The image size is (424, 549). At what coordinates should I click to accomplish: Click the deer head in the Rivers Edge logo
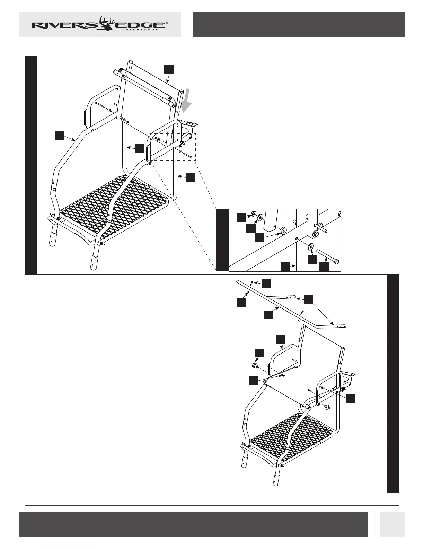[107, 24]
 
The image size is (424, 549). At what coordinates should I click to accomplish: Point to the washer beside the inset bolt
[310, 246]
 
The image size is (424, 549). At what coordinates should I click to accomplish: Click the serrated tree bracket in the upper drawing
[189, 123]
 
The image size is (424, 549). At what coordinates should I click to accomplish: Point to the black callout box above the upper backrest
[169, 69]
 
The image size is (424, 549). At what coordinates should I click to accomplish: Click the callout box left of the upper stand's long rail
[60, 135]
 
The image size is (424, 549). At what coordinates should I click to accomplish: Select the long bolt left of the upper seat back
[103, 106]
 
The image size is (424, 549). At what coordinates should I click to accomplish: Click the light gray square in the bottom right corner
[392, 524]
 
